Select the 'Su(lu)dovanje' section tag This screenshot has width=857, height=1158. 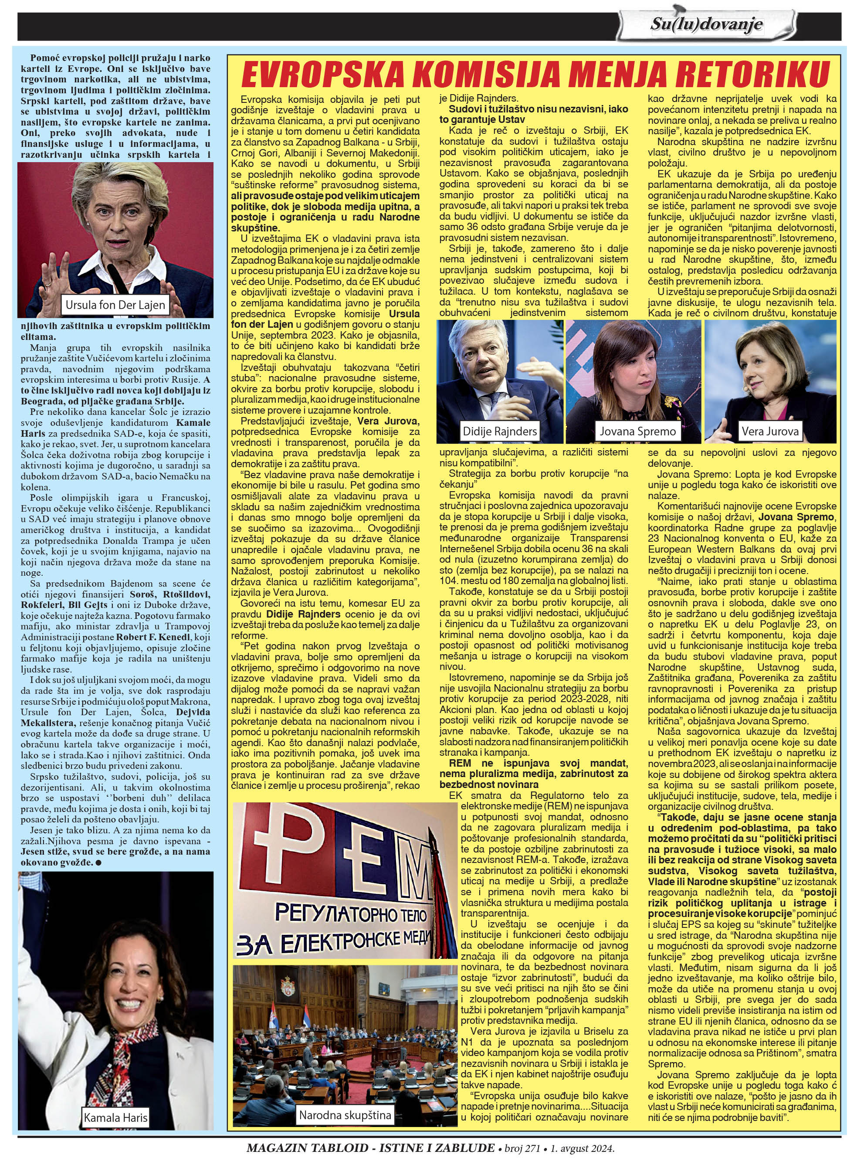point(707,24)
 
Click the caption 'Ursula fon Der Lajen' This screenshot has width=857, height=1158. point(115,305)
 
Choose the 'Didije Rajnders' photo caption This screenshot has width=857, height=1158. point(500,431)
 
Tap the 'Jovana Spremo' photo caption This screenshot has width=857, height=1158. point(637,431)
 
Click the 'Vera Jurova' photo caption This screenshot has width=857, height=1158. point(770,431)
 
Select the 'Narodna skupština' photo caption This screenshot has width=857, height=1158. point(345,1114)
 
